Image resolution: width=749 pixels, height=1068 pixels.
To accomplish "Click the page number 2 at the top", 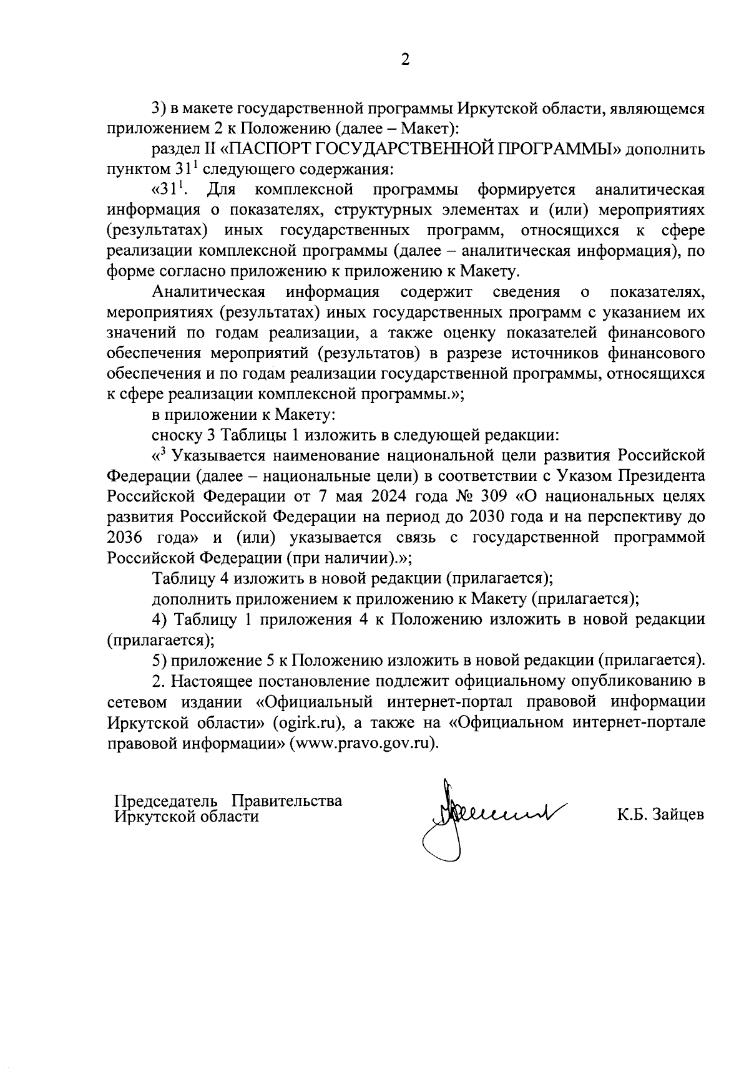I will pyautogui.click(x=405, y=61).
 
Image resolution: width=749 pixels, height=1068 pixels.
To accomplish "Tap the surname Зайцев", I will pyautogui.click(x=677, y=815).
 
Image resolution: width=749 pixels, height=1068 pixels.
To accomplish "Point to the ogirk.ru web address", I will pyautogui.click(x=310, y=723).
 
